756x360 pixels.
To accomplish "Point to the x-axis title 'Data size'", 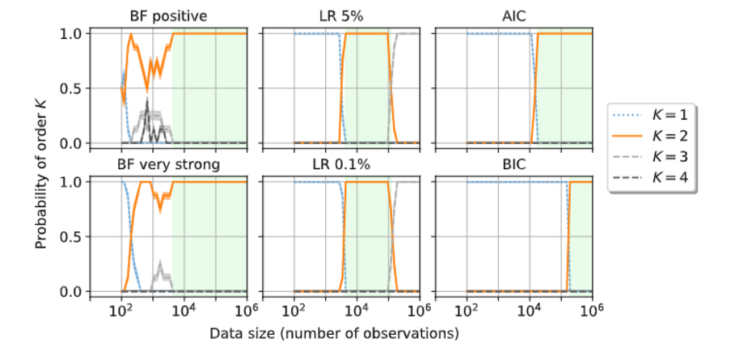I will point(334,333).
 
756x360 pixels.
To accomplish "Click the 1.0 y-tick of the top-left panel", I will point(74,33).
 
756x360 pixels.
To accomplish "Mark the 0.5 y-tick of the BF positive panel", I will point(74,88).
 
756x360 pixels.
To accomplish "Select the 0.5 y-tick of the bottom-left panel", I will point(74,237).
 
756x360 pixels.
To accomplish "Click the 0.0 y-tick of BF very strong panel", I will point(74,292).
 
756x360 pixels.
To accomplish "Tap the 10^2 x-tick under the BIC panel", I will point(467,310).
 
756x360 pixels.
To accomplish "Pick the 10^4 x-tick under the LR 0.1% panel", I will point(357,310).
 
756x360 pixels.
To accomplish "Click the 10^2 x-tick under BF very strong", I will point(121,310).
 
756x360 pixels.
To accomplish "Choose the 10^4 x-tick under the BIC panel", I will point(530,310).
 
